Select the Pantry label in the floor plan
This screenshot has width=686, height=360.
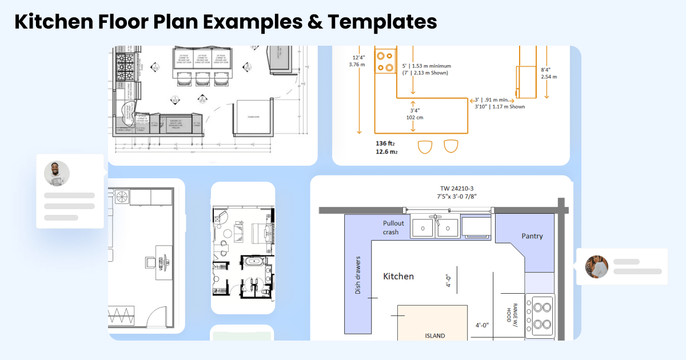click(x=532, y=236)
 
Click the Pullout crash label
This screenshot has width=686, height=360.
click(x=393, y=227)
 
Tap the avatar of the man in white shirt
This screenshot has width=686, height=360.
click(x=57, y=173)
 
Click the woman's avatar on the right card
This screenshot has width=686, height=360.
click(x=596, y=267)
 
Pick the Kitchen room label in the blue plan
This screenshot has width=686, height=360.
click(x=398, y=277)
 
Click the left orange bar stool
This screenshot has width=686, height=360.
click(x=425, y=146)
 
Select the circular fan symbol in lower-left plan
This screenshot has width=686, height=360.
click(x=122, y=197)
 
